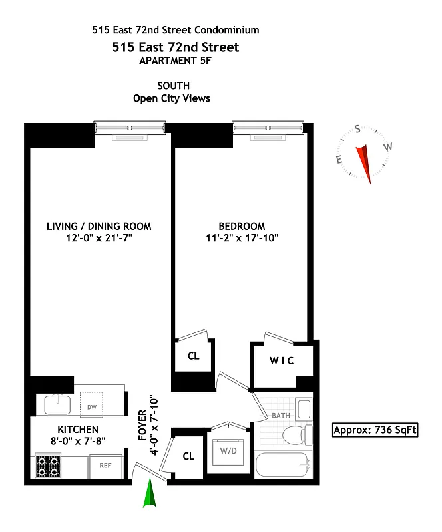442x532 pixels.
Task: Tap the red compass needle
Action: coord(364,162)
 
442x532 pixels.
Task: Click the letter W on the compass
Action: coord(389,147)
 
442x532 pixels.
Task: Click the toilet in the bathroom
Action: coord(294,437)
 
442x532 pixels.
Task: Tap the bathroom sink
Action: coord(304,409)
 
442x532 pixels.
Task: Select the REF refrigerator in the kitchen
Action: coord(105,465)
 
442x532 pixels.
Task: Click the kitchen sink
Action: coord(57,402)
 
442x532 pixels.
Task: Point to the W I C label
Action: coord(282,361)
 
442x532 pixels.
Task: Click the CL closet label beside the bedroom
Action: coord(193,356)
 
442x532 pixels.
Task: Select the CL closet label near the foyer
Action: coord(188,456)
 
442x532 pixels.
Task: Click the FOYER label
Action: coord(142,426)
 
